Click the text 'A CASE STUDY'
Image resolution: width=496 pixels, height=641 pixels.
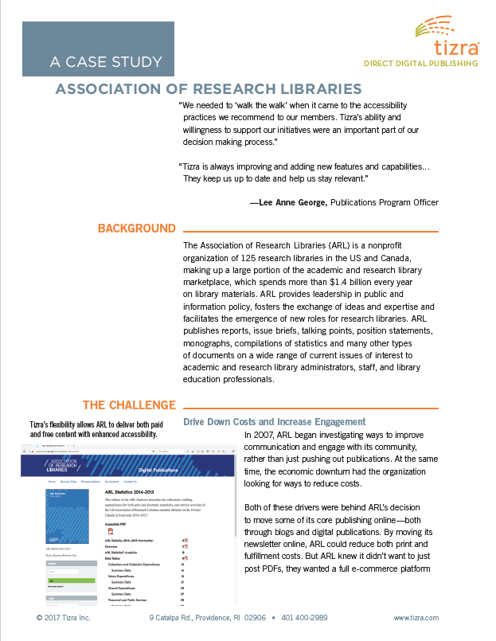pos(106,61)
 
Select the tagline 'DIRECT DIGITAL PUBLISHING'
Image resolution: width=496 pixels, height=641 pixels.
pos(420,63)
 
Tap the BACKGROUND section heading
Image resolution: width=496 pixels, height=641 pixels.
pos(136,229)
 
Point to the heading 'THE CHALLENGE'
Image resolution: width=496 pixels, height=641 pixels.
pos(129,405)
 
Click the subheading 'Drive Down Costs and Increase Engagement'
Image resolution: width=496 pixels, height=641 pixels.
pos(274,421)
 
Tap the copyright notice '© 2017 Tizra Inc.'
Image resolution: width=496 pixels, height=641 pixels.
pos(64,618)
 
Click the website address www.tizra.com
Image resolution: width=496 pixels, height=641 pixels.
pos(416,618)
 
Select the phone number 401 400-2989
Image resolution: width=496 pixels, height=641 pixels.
pos(305,618)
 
